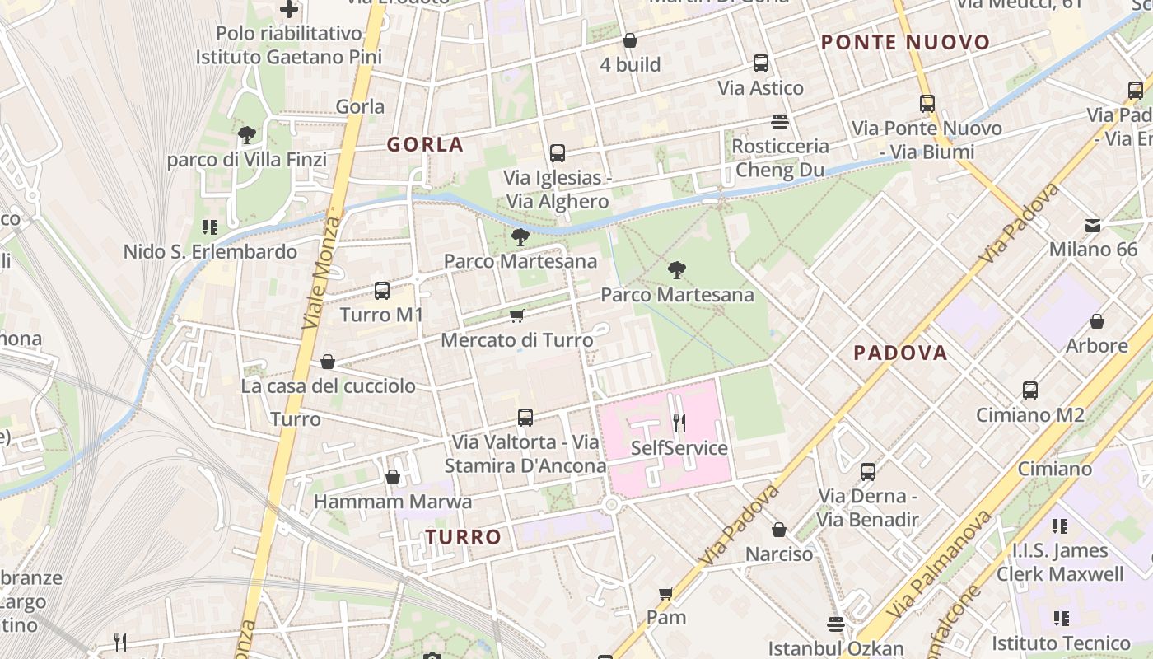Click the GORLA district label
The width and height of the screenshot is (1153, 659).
(426, 144)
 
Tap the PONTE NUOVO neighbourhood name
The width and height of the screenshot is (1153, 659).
(906, 42)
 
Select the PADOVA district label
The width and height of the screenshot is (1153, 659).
(900, 353)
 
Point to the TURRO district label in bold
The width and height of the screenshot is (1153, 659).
(464, 537)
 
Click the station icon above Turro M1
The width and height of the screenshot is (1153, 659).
(381, 290)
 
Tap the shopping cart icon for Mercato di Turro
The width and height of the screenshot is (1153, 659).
(517, 315)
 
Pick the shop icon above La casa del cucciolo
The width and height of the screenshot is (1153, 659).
(328, 362)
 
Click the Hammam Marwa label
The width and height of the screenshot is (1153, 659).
(393, 501)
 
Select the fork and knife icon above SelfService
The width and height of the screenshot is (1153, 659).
(679, 423)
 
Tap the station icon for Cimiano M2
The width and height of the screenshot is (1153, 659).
(1029, 390)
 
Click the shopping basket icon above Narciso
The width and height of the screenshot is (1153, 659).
(779, 530)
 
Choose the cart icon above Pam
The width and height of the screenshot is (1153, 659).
(666, 593)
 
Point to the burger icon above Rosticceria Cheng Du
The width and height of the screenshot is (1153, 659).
(780, 122)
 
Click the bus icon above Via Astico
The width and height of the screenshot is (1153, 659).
(761, 63)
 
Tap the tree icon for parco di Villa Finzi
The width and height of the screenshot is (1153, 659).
(246, 134)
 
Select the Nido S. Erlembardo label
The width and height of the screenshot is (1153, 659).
(210, 251)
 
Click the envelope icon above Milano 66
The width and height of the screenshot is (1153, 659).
(1093, 225)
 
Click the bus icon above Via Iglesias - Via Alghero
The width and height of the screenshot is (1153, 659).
(558, 153)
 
